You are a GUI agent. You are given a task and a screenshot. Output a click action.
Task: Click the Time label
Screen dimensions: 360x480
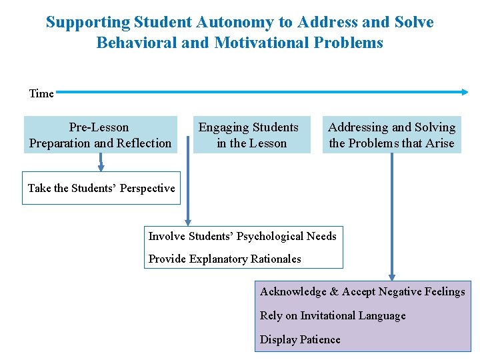tap(41, 93)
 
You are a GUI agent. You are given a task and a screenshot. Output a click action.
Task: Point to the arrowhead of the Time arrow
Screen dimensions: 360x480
tap(464, 92)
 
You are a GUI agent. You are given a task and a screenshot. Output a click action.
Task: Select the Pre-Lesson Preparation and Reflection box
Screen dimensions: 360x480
tap(101, 135)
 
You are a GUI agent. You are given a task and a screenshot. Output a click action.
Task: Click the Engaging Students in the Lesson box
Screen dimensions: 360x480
tap(251, 135)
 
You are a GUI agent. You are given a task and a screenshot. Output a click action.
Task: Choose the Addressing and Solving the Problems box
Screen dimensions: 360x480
tap(392, 135)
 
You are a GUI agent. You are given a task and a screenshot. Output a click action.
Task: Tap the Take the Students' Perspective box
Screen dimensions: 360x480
tap(101, 188)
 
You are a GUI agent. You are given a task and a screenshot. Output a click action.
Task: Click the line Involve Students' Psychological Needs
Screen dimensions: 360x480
tap(242, 236)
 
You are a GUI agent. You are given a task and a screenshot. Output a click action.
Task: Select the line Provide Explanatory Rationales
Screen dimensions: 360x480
tap(225, 259)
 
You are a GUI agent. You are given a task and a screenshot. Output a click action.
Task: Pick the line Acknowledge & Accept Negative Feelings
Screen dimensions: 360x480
tap(363, 291)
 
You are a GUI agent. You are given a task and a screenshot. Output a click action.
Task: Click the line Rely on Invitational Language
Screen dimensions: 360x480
tap(333, 315)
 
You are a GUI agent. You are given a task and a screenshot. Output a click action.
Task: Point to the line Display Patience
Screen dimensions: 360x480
tap(300, 339)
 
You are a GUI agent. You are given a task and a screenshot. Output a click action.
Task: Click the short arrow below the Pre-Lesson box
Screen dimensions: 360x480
tap(101, 162)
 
